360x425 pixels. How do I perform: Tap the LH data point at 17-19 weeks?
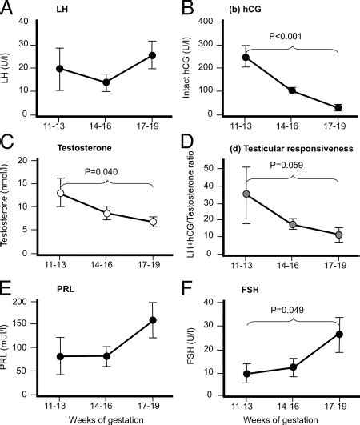point(152,56)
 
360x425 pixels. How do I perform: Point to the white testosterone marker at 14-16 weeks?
point(106,213)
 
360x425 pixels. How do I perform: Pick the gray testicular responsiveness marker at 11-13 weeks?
point(225,194)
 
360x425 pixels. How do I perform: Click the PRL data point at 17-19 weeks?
point(152,320)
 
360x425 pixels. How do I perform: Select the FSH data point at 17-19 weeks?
point(339,334)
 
